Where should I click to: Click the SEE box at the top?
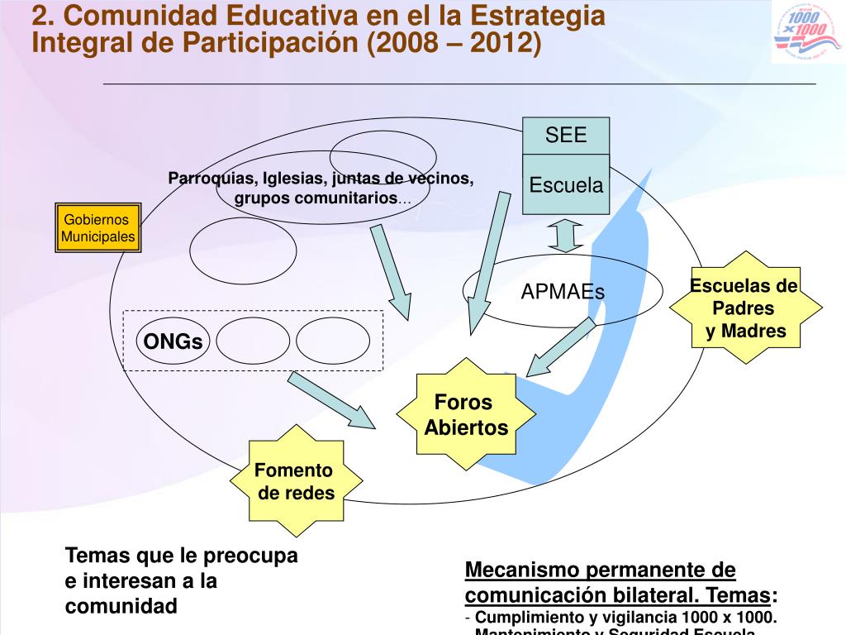566,136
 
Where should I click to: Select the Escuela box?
566,184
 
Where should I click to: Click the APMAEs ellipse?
563,292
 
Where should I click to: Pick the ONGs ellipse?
173,341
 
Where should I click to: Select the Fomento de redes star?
294,482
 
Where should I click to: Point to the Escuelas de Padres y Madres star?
745,308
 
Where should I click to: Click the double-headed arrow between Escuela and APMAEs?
566,235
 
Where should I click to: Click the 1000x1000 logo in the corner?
807,32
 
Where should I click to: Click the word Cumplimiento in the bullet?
526,618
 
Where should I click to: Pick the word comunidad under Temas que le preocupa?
121,606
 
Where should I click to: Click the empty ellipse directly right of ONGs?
254,341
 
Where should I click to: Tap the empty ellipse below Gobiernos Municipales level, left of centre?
243,248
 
